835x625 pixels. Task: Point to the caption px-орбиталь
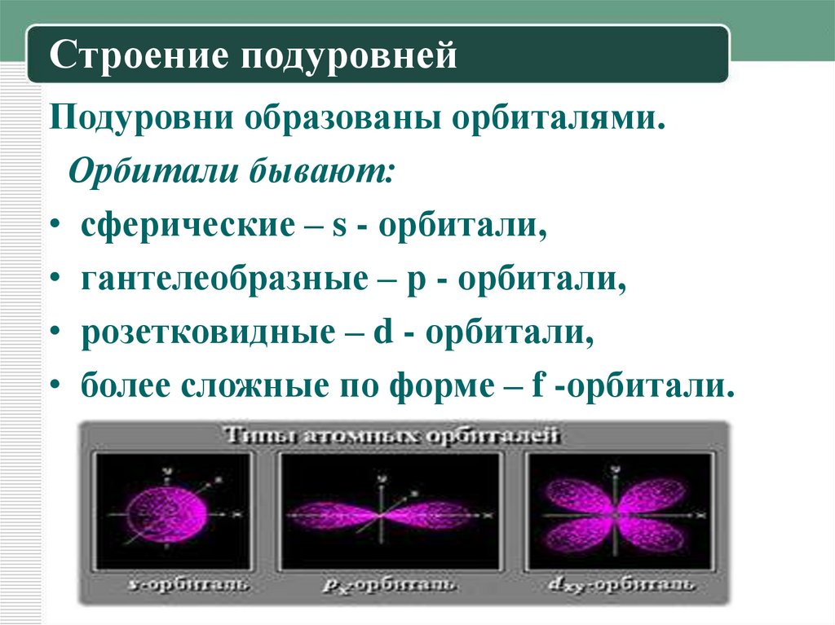click(388, 585)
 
